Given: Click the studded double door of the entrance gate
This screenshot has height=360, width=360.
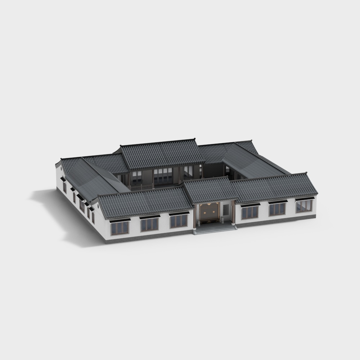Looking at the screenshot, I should pyautogui.click(x=210, y=213).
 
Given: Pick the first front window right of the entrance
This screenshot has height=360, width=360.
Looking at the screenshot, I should pyautogui.click(x=249, y=212).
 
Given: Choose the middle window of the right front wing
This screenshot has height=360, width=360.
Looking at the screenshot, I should pyautogui.click(x=277, y=209).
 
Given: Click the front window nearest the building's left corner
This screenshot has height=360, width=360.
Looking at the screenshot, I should pyautogui.click(x=120, y=228).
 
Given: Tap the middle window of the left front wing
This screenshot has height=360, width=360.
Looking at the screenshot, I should pyautogui.click(x=149, y=224).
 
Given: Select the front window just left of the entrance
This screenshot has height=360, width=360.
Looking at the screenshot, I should pyautogui.click(x=179, y=221).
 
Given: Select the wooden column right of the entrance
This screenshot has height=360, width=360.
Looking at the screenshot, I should pyautogui.click(x=234, y=212).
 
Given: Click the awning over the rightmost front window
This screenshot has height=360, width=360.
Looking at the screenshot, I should pyautogui.click(x=303, y=198).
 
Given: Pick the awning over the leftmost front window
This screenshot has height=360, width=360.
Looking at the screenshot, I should pyautogui.click(x=120, y=220).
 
